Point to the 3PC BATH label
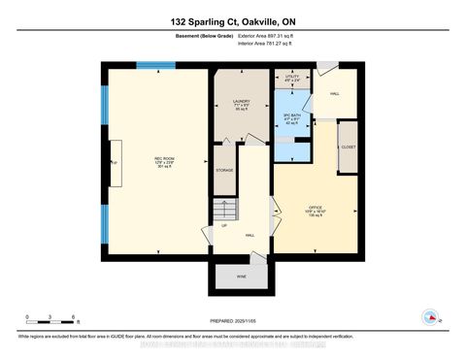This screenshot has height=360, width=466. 288,117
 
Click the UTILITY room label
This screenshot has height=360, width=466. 288,76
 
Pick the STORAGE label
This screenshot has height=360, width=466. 225,169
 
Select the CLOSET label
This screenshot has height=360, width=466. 348,147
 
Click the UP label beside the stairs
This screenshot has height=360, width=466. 225,226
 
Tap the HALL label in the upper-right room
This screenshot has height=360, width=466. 336,95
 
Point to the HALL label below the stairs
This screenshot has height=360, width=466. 250,235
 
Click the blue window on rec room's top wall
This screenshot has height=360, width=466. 150,66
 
